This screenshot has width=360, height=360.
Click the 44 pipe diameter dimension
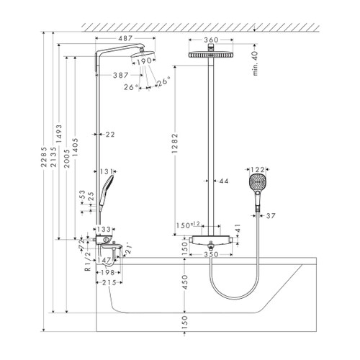click(x=222, y=182)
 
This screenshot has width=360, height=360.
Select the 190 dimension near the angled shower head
click(x=145, y=61)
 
